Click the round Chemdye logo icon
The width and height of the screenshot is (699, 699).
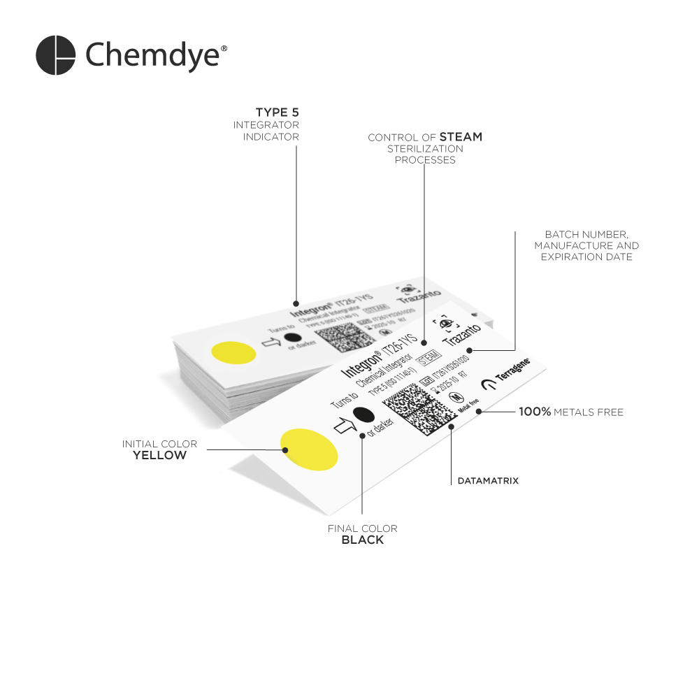point(55,55)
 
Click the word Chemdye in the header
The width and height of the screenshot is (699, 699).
point(152,55)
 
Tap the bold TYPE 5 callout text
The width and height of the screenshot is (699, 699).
point(277,112)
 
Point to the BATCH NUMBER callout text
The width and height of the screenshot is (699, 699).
point(586,234)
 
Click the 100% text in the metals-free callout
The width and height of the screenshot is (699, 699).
point(535,412)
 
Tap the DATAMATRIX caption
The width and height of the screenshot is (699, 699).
point(488,481)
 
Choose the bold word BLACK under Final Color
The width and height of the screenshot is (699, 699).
point(362,540)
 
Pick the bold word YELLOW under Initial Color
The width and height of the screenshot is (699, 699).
point(160,456)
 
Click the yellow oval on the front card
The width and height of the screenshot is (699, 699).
point(309,448)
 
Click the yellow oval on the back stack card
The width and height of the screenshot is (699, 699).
point(233,352)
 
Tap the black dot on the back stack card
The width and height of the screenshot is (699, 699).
point(292,338)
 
